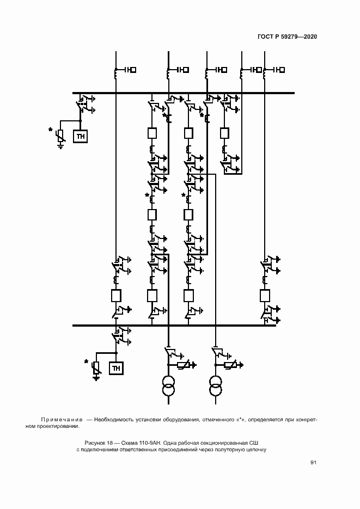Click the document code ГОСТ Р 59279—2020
287,36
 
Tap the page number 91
313,463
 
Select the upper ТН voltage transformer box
81,137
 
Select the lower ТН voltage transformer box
116,369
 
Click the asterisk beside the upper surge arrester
50,130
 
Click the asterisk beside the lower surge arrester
87,361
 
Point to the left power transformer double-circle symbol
168,385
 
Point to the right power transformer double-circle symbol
216,385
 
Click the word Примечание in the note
62,420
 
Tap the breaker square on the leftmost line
116,296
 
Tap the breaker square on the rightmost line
265,296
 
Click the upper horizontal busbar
184,93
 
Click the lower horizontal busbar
174,325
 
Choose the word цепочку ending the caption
256,450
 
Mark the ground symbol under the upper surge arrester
60,147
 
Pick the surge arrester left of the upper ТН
60,136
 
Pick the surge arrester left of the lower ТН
96,368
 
